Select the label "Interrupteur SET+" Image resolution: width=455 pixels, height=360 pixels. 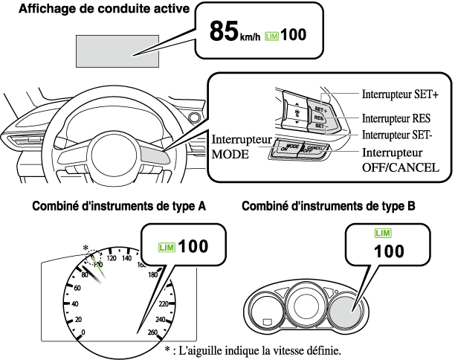point(399,95)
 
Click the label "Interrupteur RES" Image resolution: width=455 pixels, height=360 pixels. point(396,118)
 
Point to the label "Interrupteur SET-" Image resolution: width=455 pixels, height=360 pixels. point(397,135)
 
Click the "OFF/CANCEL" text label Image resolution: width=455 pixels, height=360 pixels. point(398,167)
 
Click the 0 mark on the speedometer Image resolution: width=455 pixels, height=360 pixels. point(83,332)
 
